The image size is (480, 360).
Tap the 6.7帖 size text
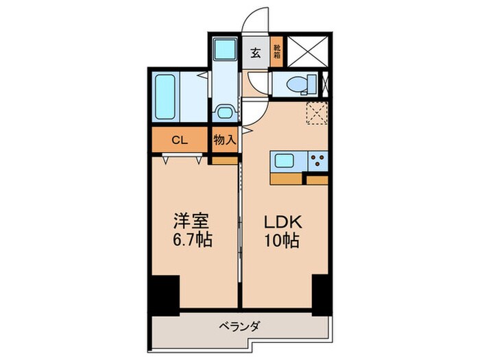pos(192,241)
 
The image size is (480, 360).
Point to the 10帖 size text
pos(279,241)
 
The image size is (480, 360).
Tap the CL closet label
pos(179,141)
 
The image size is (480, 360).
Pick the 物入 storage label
pos(224,140)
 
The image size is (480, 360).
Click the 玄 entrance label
pos(255,52)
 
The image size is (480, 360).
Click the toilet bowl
pos(296,86)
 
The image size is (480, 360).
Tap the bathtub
pos(167,96)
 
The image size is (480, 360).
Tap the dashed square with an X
pos(317,113)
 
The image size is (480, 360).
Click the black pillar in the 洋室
pos(164,291)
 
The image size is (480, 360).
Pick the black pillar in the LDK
pos(320,291)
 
